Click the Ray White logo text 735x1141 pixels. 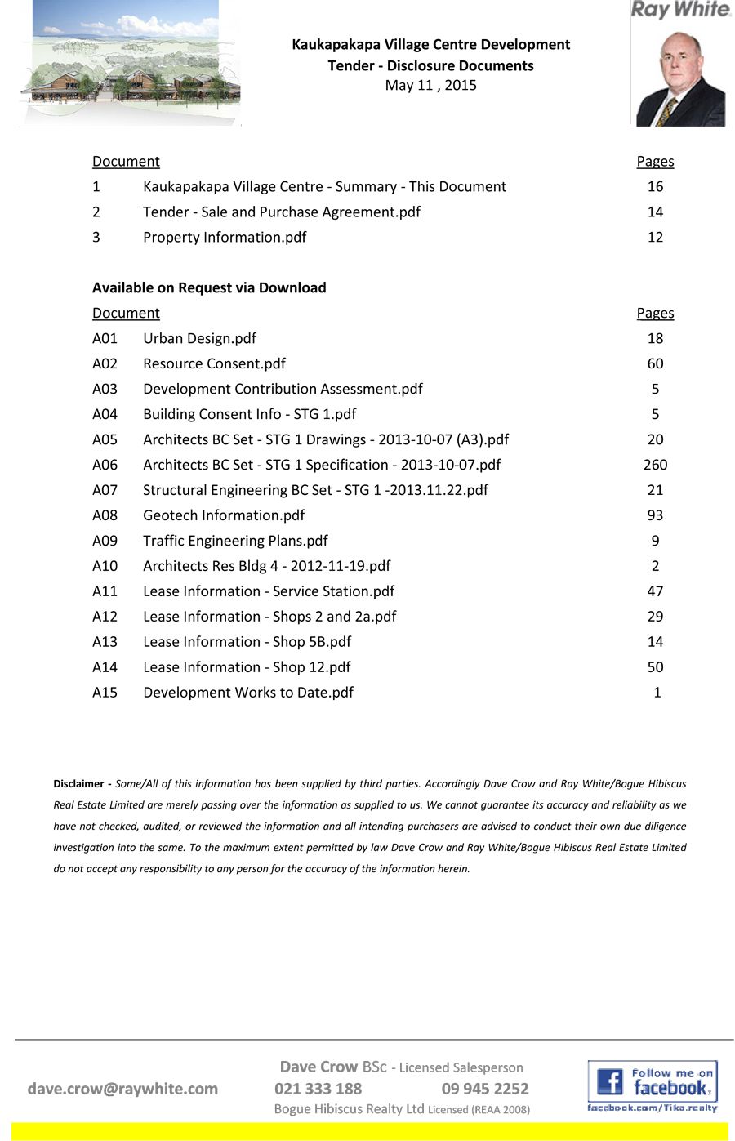[680, 10]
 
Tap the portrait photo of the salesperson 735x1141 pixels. [680, 78]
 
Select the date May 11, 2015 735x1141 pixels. [430, 85]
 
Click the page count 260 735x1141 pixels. [655, 465]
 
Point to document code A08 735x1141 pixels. [105, 515]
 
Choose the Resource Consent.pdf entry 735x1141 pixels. [214, 363]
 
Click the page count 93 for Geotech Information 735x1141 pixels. [655, 515]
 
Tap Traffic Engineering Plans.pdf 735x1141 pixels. [235, 541]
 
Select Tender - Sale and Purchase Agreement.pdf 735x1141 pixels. [282, 212]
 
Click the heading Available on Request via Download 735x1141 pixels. [209, 287]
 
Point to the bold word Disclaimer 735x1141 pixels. [78, 783]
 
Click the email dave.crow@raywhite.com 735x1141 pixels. [122, 1089]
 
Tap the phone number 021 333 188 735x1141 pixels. [318, 1089]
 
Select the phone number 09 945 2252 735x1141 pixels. [485, 1089]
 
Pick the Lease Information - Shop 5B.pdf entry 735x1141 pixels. [247, 642]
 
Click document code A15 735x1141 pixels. [105, 693]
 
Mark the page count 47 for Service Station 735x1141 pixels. [655, 591]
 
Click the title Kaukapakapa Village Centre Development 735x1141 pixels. [430, 44]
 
